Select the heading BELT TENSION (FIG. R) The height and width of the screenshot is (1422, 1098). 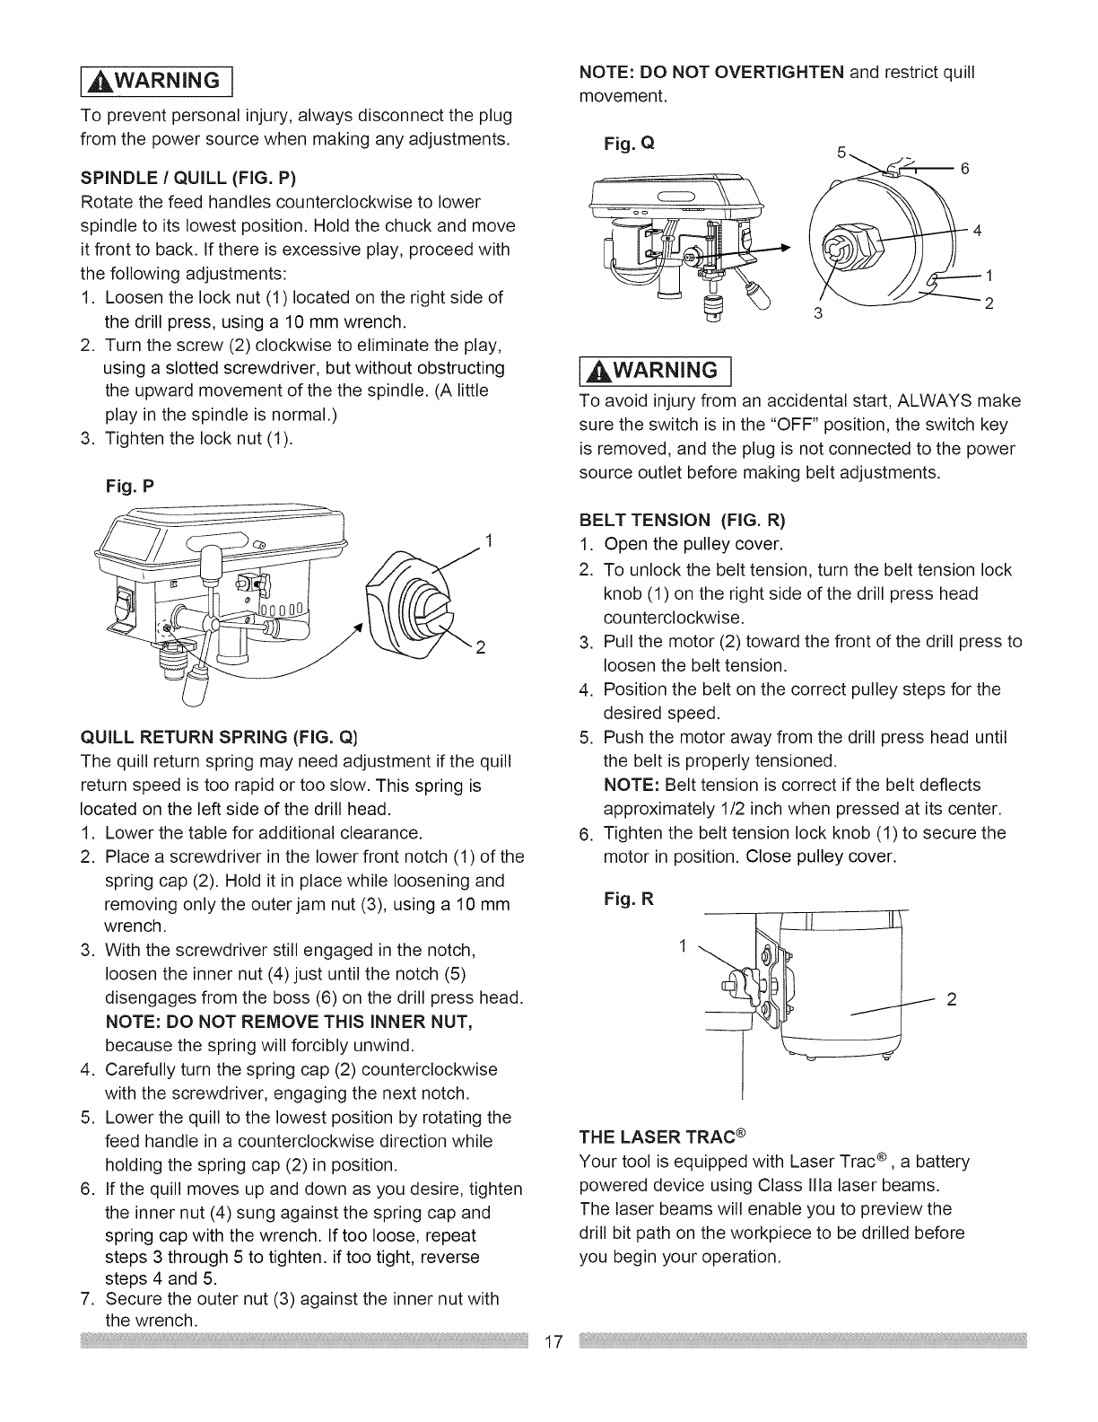point(682,521)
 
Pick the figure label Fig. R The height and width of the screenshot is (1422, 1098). point(632,899)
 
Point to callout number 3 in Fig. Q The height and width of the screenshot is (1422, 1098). point(815,312)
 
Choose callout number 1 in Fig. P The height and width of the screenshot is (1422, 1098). point(489,540)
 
